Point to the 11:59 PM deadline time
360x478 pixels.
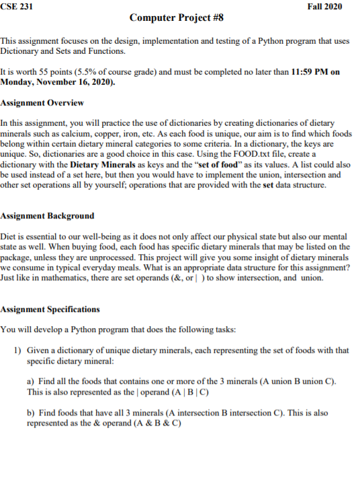[x=312, y=72]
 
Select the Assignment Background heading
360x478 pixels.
[x=47, y=216]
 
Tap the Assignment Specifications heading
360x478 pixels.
[x=50, y=309]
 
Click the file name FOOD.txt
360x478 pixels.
[x=263, y=154]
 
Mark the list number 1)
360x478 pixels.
[x=19, y=350]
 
